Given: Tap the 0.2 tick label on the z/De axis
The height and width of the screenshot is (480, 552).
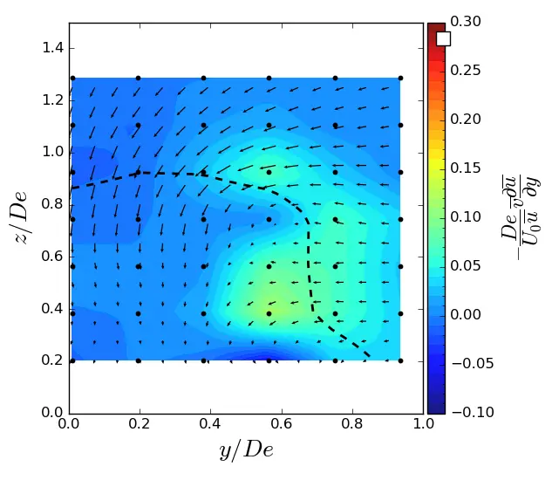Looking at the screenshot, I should point(52,360).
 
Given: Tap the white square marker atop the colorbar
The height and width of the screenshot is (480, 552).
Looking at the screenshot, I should point(443,38).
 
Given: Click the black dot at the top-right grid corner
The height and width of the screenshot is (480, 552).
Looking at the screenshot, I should point(400,79).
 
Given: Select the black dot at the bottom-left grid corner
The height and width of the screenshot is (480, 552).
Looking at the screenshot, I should point(72,360).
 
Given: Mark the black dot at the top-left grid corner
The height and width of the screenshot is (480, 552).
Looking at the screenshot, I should point(72,79).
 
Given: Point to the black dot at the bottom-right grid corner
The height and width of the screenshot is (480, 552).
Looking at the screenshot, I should point(400,360).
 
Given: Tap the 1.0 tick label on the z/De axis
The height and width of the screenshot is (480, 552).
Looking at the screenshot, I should point(52,152).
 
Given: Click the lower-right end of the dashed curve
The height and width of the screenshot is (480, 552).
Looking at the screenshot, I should point(370,356).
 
